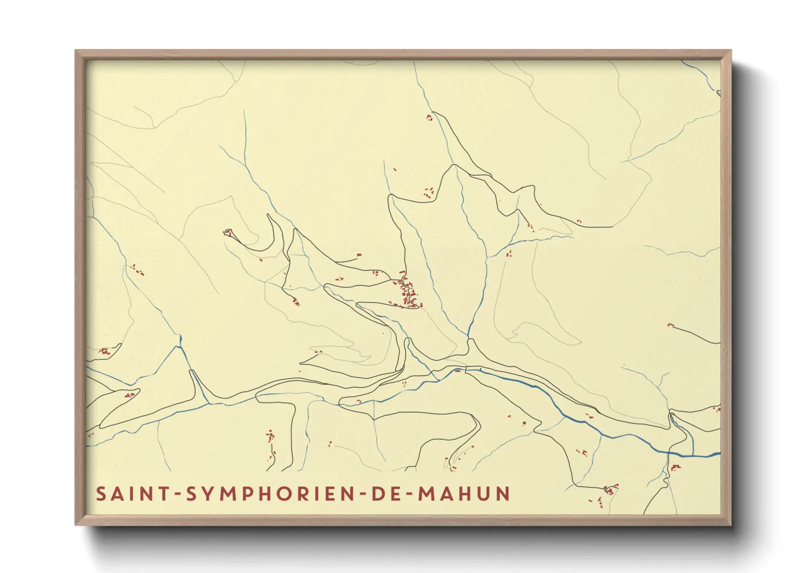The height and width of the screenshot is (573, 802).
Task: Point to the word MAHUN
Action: click(464, 494)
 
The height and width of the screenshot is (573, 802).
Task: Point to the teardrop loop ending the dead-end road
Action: click(228, 233)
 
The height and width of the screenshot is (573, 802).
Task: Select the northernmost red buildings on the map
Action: click(430, 116)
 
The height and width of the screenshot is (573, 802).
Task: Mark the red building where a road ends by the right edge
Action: click(670, 325)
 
